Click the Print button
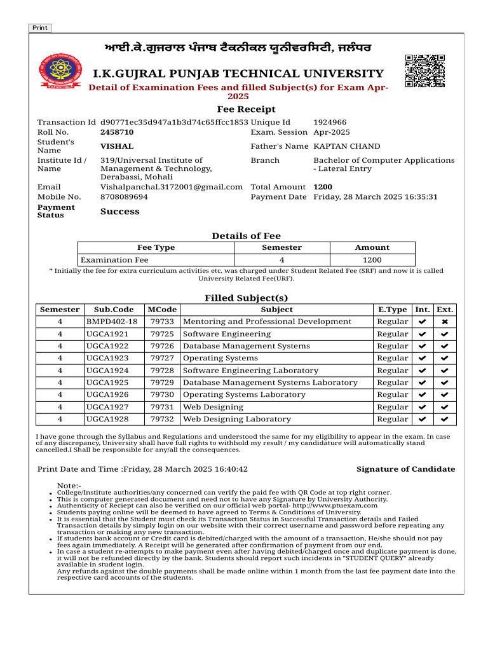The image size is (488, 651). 40,28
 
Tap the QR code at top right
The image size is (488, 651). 424,71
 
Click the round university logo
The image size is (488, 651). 56,72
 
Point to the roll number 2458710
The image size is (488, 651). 117,132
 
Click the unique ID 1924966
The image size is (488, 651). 330,122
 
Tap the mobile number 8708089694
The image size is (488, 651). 124,197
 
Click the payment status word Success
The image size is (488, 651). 119,212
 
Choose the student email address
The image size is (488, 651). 172,187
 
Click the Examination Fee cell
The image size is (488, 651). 114,260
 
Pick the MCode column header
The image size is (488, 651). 162,310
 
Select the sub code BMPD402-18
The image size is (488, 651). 112,322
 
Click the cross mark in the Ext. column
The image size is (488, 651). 445,322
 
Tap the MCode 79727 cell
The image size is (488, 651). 162,358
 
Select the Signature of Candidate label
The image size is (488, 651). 405,469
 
